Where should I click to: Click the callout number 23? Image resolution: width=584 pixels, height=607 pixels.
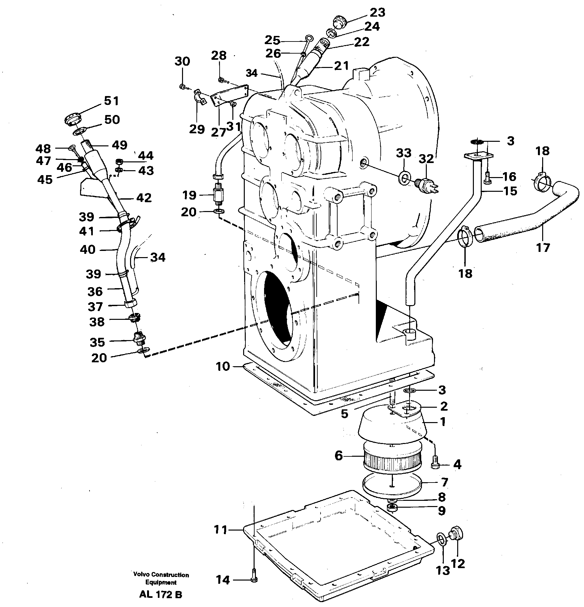click(377, 13)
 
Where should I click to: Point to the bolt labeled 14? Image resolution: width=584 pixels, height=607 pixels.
click(254, 580)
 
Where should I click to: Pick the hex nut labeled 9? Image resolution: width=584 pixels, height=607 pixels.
click(391, 507)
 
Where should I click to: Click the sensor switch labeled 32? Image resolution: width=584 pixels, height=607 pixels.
click(424, 185)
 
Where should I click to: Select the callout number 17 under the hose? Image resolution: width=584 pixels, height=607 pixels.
click(543, 247)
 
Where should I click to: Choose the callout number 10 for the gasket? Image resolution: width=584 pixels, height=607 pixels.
click(223, 367)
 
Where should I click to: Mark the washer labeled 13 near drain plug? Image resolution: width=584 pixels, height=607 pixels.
click(441, 538)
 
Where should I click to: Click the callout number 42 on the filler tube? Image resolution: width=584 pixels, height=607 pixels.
click(144, 198)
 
